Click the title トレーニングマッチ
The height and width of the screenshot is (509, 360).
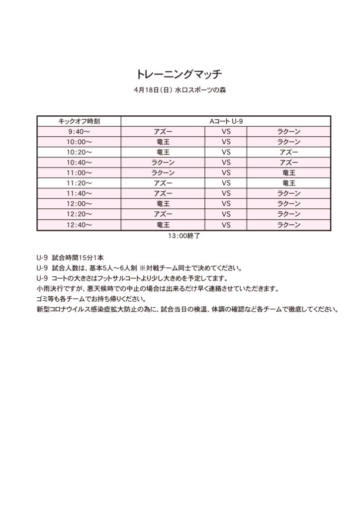click(x=180, y=75)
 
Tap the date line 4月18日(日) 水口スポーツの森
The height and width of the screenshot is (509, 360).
click(x=180, y=91)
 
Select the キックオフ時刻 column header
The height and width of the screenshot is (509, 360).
click(x=79, y=121)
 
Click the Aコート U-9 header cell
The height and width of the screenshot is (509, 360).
click(x=226, y=121)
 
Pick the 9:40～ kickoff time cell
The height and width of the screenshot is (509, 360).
click(x=79, y=132)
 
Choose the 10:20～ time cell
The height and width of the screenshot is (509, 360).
click(x=79, y=152)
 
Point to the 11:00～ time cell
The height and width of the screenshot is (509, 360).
click(x=79, y=173)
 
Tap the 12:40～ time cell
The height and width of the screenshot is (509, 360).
click(x=79, y=225)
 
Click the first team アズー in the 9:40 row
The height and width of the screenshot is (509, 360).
click(x=163, y=132)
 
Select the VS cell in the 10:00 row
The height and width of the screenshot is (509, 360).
click(x=226, y=142)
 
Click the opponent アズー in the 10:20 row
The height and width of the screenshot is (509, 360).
click(x=289, y=152)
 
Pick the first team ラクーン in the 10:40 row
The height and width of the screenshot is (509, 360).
click(x=163, y=163)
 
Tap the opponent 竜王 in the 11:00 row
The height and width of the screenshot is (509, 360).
click(x=289, y=173)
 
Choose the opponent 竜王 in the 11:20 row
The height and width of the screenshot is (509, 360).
click(x=289, y=183)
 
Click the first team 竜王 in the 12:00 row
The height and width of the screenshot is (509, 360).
click(x=163, y=204)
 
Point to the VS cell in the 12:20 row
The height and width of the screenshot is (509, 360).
click(x=226, y=214)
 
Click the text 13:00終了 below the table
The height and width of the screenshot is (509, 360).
click(x=184, y=237)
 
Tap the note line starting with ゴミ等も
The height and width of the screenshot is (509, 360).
click(x=91, y=299)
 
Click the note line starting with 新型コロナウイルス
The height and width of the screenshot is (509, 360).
click(x=187, y=309)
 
